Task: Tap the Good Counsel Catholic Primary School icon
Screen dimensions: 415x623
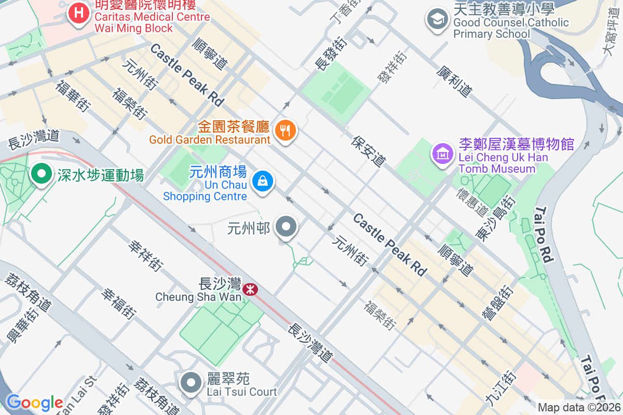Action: click(x=437, y=20)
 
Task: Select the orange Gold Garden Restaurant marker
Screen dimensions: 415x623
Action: click(x=285, y=130)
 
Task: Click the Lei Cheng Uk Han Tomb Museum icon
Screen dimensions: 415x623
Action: click(x=443, y=153)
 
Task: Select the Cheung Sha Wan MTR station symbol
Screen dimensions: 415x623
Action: click(x=250, y=289)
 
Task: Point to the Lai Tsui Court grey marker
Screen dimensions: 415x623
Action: click(x=191, y=382)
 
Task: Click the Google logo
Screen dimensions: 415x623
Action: click(x=34, y=402)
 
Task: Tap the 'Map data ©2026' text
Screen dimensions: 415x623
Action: click(x=578, y=408)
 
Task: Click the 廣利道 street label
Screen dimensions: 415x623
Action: click(x=454, y=81)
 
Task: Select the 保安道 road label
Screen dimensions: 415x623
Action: click(x=369, y=151)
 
